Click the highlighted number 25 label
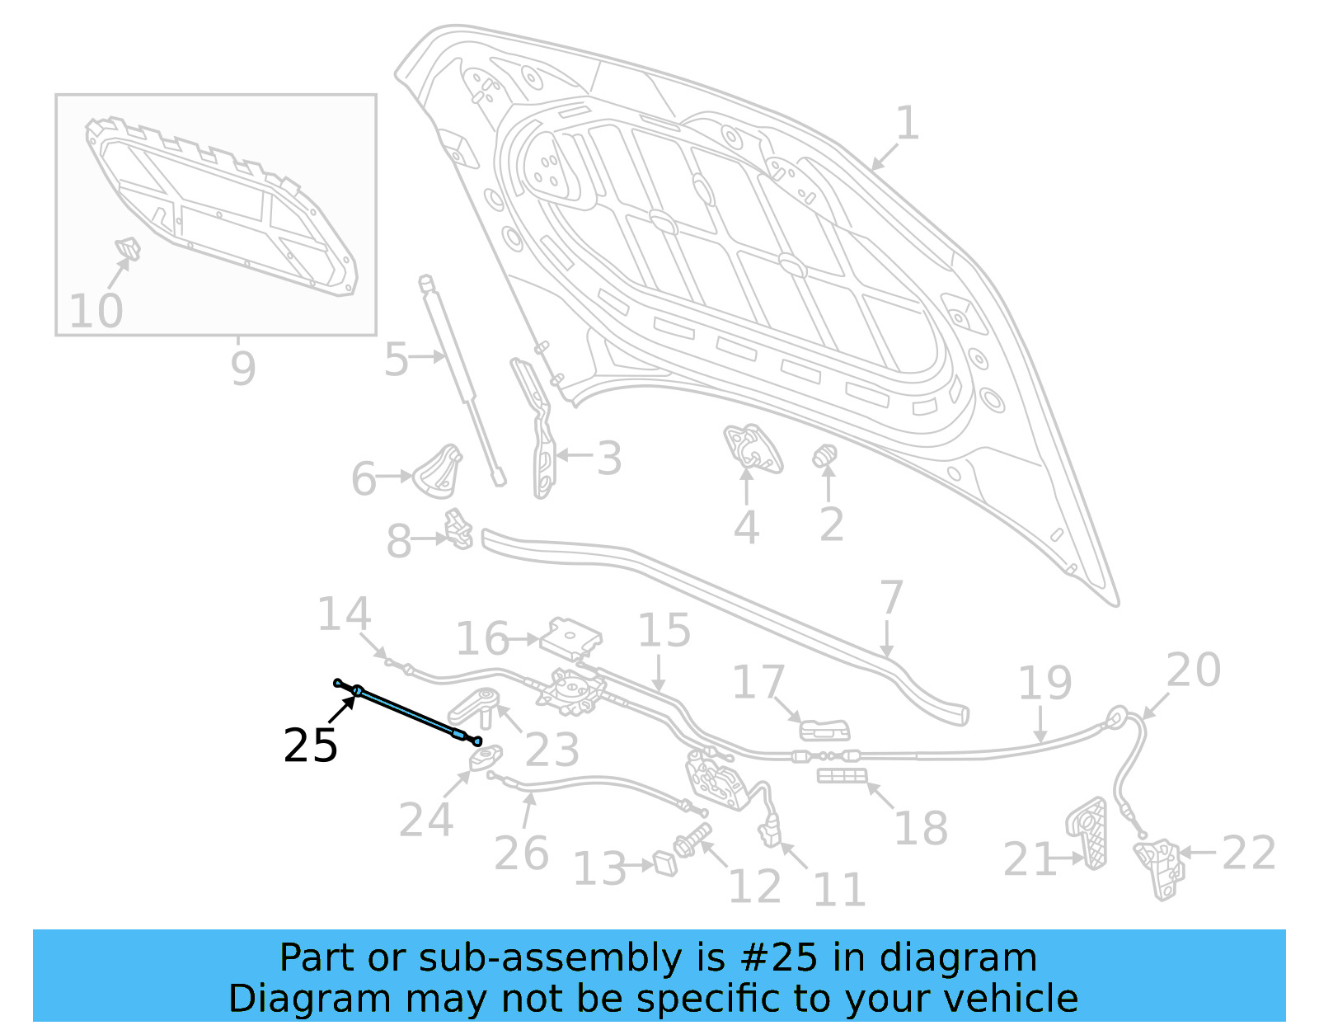310,745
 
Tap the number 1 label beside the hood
907,124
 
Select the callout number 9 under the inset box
242,368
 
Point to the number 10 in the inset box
96,311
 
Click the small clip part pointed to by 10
128,247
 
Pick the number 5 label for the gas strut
396,360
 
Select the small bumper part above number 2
825,456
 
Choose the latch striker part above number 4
752,447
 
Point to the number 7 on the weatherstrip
891,597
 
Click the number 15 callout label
664,631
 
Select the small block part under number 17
824,730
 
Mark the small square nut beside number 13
664,864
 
